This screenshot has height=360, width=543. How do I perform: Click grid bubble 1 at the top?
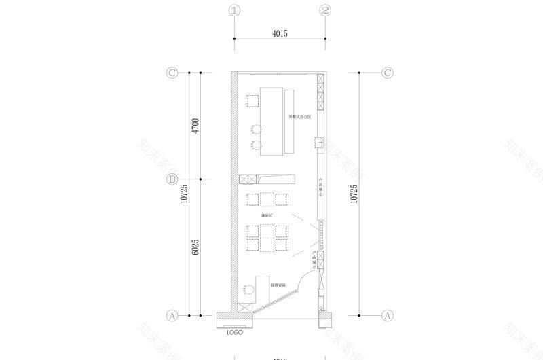pyautogui.click(x=235, y=11)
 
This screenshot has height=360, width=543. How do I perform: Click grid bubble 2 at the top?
pyautogui.click(x=326, y=11)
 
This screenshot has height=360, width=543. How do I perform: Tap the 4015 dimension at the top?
pyautogui.click(x=280, y=33)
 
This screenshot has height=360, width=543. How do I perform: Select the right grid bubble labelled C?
pyautogui.click(x=388, y=73)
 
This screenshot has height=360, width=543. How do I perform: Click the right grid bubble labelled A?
pyautogui.click(x=388, y=315)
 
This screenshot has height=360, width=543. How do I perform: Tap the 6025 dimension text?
pyautogui.click(x=195, y=247)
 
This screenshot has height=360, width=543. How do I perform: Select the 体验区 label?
pyautogui.click(x=267, y=215)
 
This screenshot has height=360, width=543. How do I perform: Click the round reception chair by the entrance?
pyautogui.click(x=247, y=289)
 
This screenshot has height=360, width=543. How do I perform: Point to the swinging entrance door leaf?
pyautogui.click(x=277, y=302)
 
